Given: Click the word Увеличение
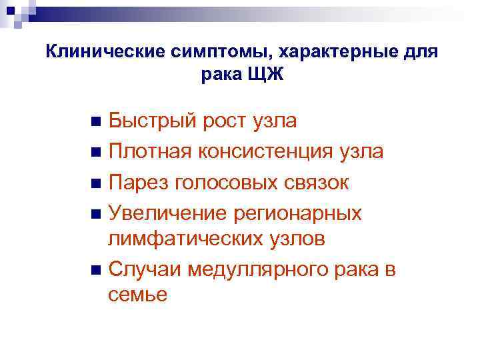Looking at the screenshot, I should coord(167,213).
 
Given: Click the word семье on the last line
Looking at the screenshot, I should coord(137,295).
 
